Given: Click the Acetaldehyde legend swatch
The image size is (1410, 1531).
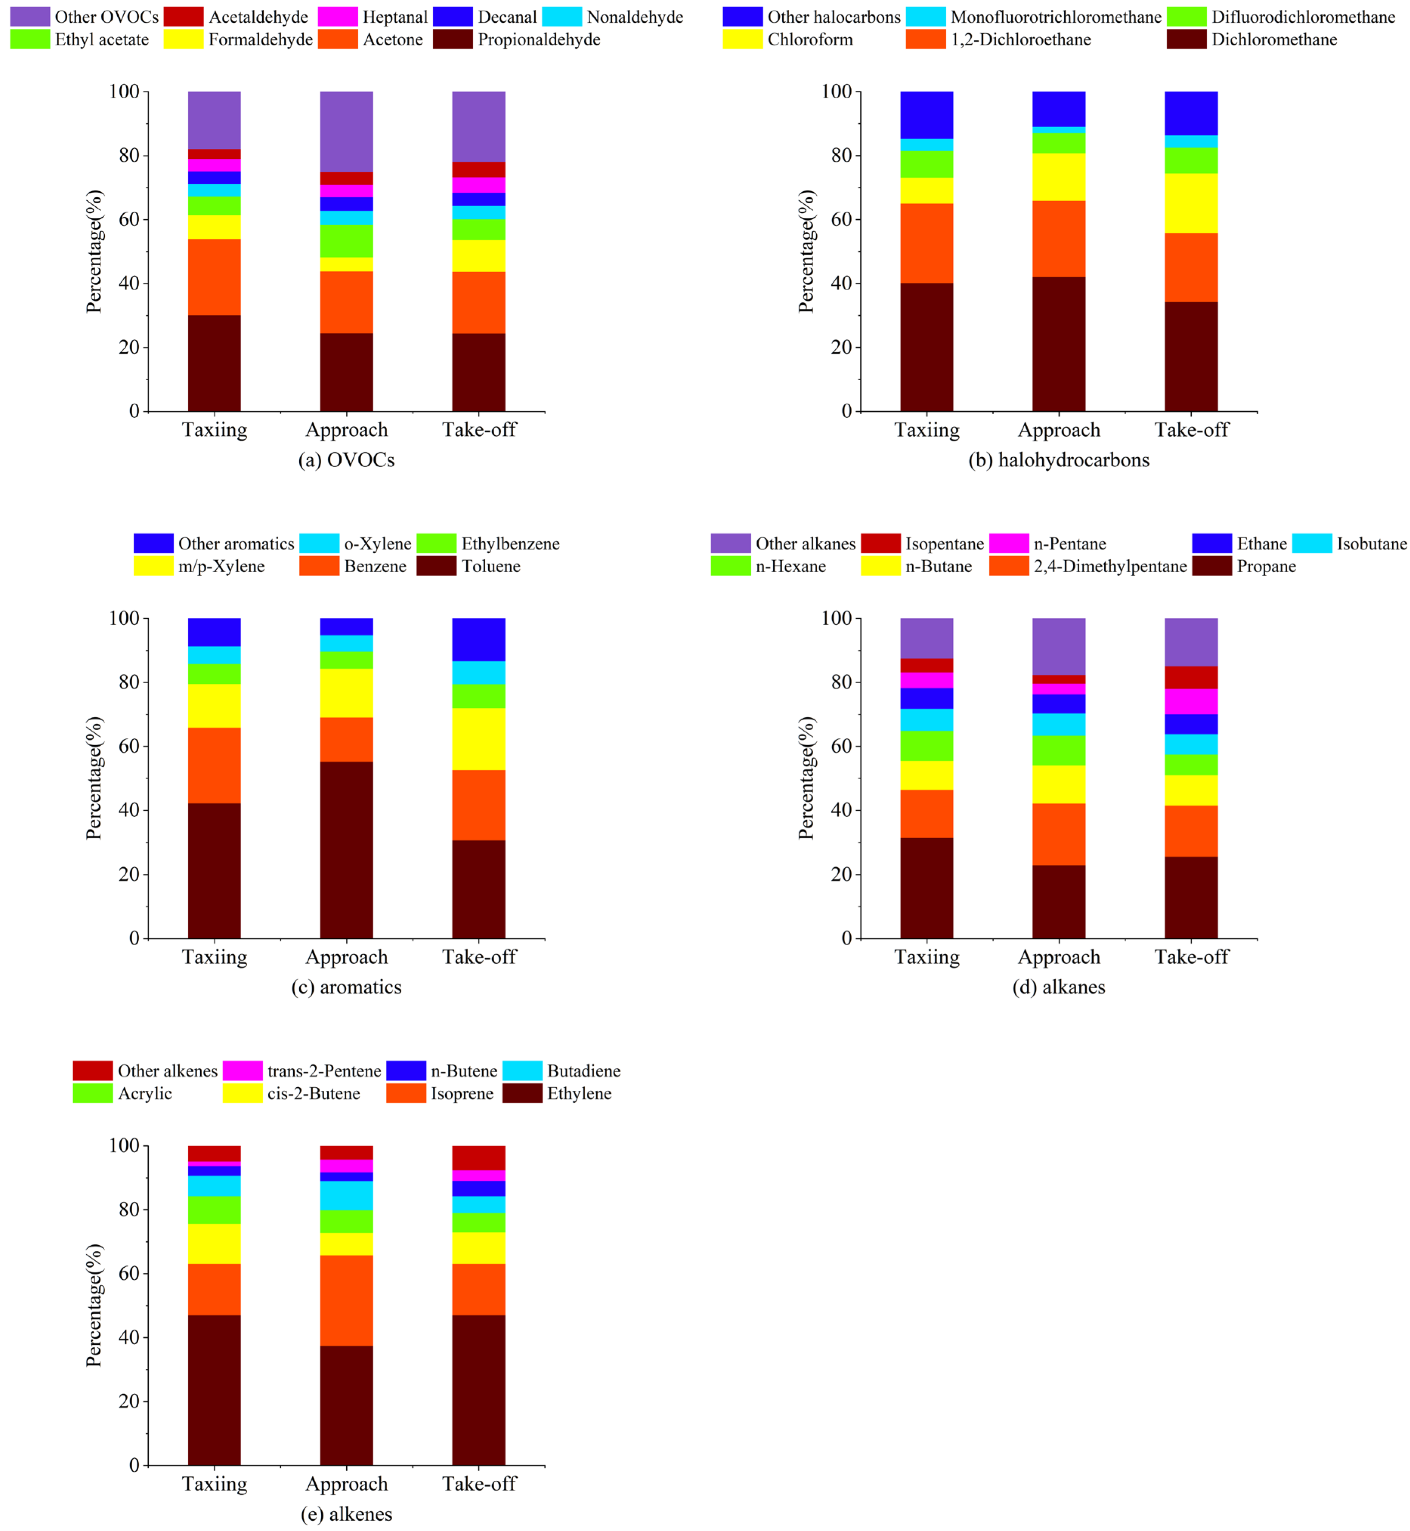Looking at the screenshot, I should point(183,17).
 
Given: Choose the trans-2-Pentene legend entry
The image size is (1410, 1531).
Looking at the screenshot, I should point(323,1071).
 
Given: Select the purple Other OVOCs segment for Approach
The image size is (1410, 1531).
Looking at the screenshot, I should point(347,131).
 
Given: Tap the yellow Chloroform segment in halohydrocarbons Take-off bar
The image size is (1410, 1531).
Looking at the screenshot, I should point(1191,203).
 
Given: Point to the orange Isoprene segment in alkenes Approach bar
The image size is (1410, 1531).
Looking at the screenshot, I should point(347,1300).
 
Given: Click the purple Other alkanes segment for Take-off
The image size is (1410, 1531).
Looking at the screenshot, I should point(1191,642).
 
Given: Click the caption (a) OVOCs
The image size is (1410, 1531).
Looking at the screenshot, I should point(347,460).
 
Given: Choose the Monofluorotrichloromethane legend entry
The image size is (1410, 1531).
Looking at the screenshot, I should point(1055,17).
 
